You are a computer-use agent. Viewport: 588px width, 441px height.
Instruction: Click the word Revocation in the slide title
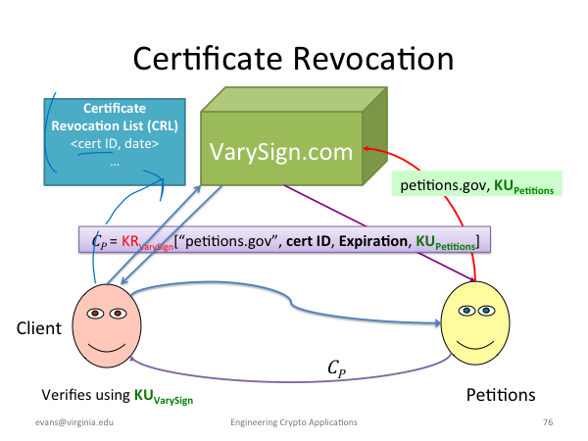point(373,59)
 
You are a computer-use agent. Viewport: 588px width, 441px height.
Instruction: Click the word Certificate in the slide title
point(208,59)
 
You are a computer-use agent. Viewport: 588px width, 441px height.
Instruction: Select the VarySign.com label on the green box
point(281,152)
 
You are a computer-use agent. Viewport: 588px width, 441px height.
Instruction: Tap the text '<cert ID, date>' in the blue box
point(115,144)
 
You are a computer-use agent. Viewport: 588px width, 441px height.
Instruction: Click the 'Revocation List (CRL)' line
point(115,125)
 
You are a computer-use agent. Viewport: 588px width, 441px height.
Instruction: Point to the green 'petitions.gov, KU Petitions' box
point(477,184)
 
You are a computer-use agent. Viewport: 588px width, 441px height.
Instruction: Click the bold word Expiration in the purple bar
point(373,241)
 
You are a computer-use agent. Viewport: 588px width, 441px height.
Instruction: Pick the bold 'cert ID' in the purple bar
point(309,241)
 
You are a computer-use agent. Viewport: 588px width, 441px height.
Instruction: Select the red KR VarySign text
point(147,242)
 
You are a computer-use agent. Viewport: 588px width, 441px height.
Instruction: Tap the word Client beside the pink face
point(39,328)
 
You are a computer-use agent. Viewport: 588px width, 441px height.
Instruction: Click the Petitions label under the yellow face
point(501,395)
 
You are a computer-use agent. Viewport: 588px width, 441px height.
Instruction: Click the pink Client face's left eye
point(95,314)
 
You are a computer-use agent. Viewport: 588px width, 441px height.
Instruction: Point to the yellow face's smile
point(475,344)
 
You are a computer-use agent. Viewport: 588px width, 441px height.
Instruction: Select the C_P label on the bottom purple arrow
point(336,368)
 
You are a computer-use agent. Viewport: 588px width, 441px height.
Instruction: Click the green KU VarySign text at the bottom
point(164,396)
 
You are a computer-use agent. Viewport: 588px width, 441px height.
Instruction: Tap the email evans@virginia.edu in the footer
point(74,422)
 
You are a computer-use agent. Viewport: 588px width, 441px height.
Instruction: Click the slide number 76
point(548,422)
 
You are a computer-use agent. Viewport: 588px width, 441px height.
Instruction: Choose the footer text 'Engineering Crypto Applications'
point(294,422)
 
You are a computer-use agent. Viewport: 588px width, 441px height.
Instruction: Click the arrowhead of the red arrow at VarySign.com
point(367,149)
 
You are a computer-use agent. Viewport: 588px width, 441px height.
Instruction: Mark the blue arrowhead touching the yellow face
point(437,322)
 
